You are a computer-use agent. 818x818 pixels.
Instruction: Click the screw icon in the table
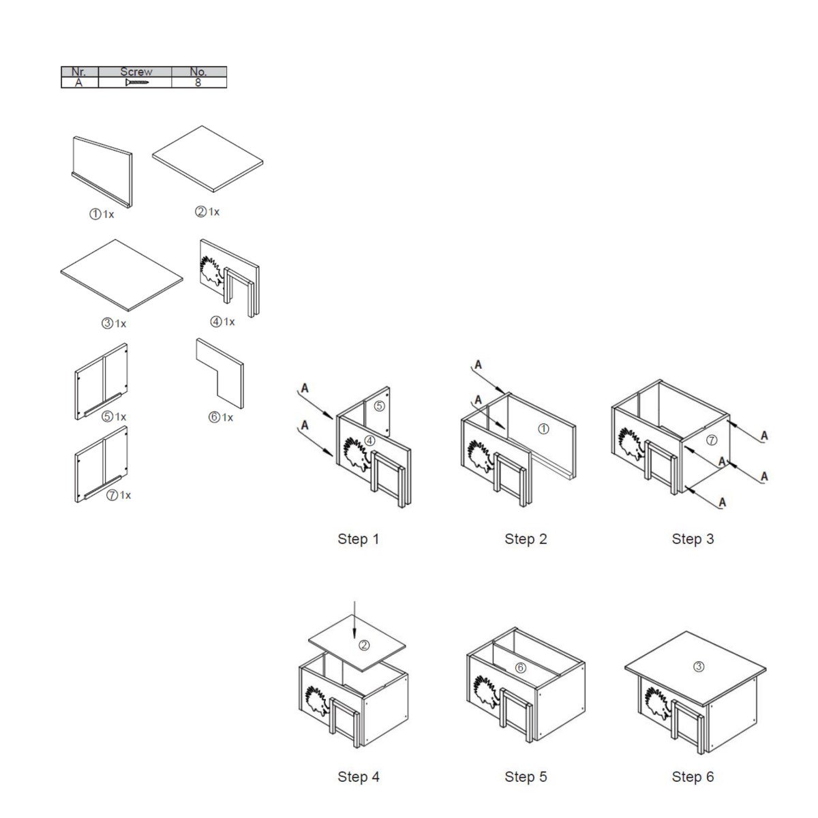point(137,82)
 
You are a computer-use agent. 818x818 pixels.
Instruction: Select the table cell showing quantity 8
point(198,82)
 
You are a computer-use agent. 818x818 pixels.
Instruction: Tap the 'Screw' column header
point(136,72)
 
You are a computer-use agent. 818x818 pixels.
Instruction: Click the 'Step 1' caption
point(358,539)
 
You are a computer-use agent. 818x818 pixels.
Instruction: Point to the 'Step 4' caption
point(358,776)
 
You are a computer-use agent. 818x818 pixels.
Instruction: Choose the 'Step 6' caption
point(693,776)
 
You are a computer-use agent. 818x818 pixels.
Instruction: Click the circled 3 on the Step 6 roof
point(698,667)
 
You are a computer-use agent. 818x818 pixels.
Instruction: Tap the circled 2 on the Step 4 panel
point(364,646)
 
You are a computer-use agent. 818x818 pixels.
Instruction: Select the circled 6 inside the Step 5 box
point(520,668)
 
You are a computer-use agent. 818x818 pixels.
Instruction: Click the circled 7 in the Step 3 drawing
point(712,440)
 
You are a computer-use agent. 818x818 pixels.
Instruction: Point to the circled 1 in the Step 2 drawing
point(543,429)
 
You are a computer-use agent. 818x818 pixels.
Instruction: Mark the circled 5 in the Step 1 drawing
point(379,406)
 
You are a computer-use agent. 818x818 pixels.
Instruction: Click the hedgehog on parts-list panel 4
point(211,271)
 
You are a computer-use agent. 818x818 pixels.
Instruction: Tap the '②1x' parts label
point(207,211)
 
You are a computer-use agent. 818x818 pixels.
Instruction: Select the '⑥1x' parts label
point(221,417)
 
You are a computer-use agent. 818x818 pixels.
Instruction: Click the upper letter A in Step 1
point(304,388)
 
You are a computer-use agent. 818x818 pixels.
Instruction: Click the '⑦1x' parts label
point(119,495)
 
